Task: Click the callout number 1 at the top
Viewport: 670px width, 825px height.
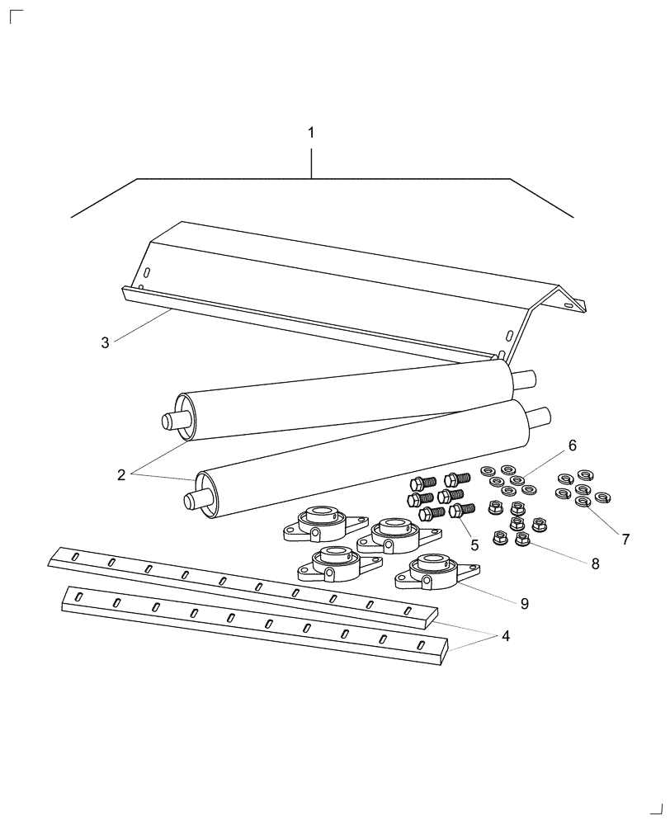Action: coord(311,133)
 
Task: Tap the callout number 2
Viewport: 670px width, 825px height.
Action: coord(121,474)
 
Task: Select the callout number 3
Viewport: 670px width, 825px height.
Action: coord(105,342)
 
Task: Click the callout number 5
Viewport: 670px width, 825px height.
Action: coord(474,545)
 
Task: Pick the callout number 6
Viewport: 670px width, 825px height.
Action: coord(572,445)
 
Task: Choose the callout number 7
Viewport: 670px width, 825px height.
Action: coord(625,540)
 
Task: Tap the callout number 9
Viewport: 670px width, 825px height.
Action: coord(524,604)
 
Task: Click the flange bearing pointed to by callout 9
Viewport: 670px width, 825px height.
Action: coord(432,573)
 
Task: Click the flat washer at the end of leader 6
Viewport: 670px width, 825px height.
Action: coord(517,480)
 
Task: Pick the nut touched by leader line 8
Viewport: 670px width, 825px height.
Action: coord(521,539)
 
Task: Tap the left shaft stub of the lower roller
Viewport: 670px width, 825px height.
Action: coord(195,499)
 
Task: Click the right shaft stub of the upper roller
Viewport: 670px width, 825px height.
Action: coord(526,380)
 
